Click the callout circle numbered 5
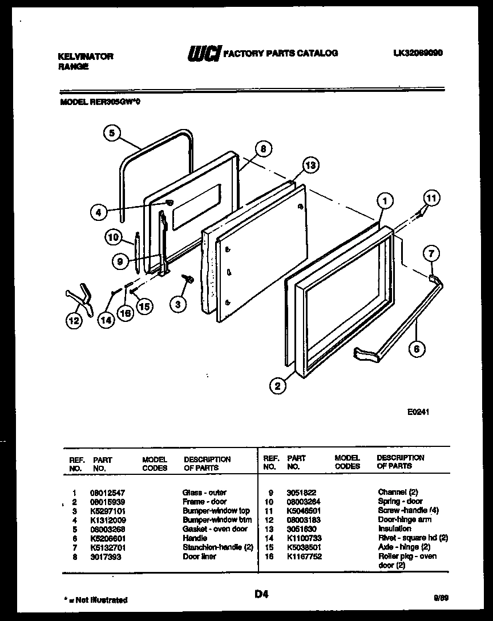[x=112, y=133]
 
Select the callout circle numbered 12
[x=73, y=321]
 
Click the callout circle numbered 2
[x=277, y=386]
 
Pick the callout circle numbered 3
[x=178, y=304]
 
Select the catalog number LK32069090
[x=418, y=53]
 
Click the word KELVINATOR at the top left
[x=86, y=56]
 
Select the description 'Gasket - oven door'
[x=215, y=529]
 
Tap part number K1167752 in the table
[x=305, y=557]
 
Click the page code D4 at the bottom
[x=261, y=594]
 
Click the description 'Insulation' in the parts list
[x=394, y=529]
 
